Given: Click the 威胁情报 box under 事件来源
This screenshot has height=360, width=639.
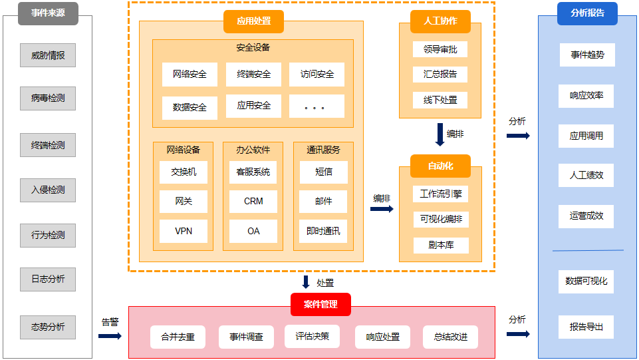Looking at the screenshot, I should point(48,55).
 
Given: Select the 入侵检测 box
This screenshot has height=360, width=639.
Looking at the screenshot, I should point(48,190).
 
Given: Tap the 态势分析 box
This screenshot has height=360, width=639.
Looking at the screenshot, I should point(48,327).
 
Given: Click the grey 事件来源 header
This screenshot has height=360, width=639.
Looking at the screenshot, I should point(48,13).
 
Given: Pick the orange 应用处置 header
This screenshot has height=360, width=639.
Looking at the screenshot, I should point(253,21).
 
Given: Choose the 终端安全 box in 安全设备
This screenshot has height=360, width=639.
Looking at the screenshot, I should point(253,75).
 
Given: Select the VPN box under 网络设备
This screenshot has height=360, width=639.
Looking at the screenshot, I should point(184,231).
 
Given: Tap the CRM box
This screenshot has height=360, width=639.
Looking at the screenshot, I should point(253,201).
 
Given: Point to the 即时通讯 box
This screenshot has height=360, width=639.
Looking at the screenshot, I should point(323,231).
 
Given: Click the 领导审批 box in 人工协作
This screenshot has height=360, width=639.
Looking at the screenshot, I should point(440,49).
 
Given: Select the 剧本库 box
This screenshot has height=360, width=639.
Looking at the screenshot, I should point(440,245).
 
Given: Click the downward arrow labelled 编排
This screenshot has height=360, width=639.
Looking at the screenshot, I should point(440,134).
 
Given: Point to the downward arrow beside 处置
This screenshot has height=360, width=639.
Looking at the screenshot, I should point(306,282).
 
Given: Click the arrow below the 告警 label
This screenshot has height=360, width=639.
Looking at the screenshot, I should point(110,336).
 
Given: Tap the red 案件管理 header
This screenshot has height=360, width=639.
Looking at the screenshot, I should point(320,304).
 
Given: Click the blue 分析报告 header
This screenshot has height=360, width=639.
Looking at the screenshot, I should point(587,13).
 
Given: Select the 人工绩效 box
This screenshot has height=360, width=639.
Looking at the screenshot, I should point(586,176).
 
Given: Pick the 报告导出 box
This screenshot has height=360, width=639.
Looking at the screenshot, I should point(586,327).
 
